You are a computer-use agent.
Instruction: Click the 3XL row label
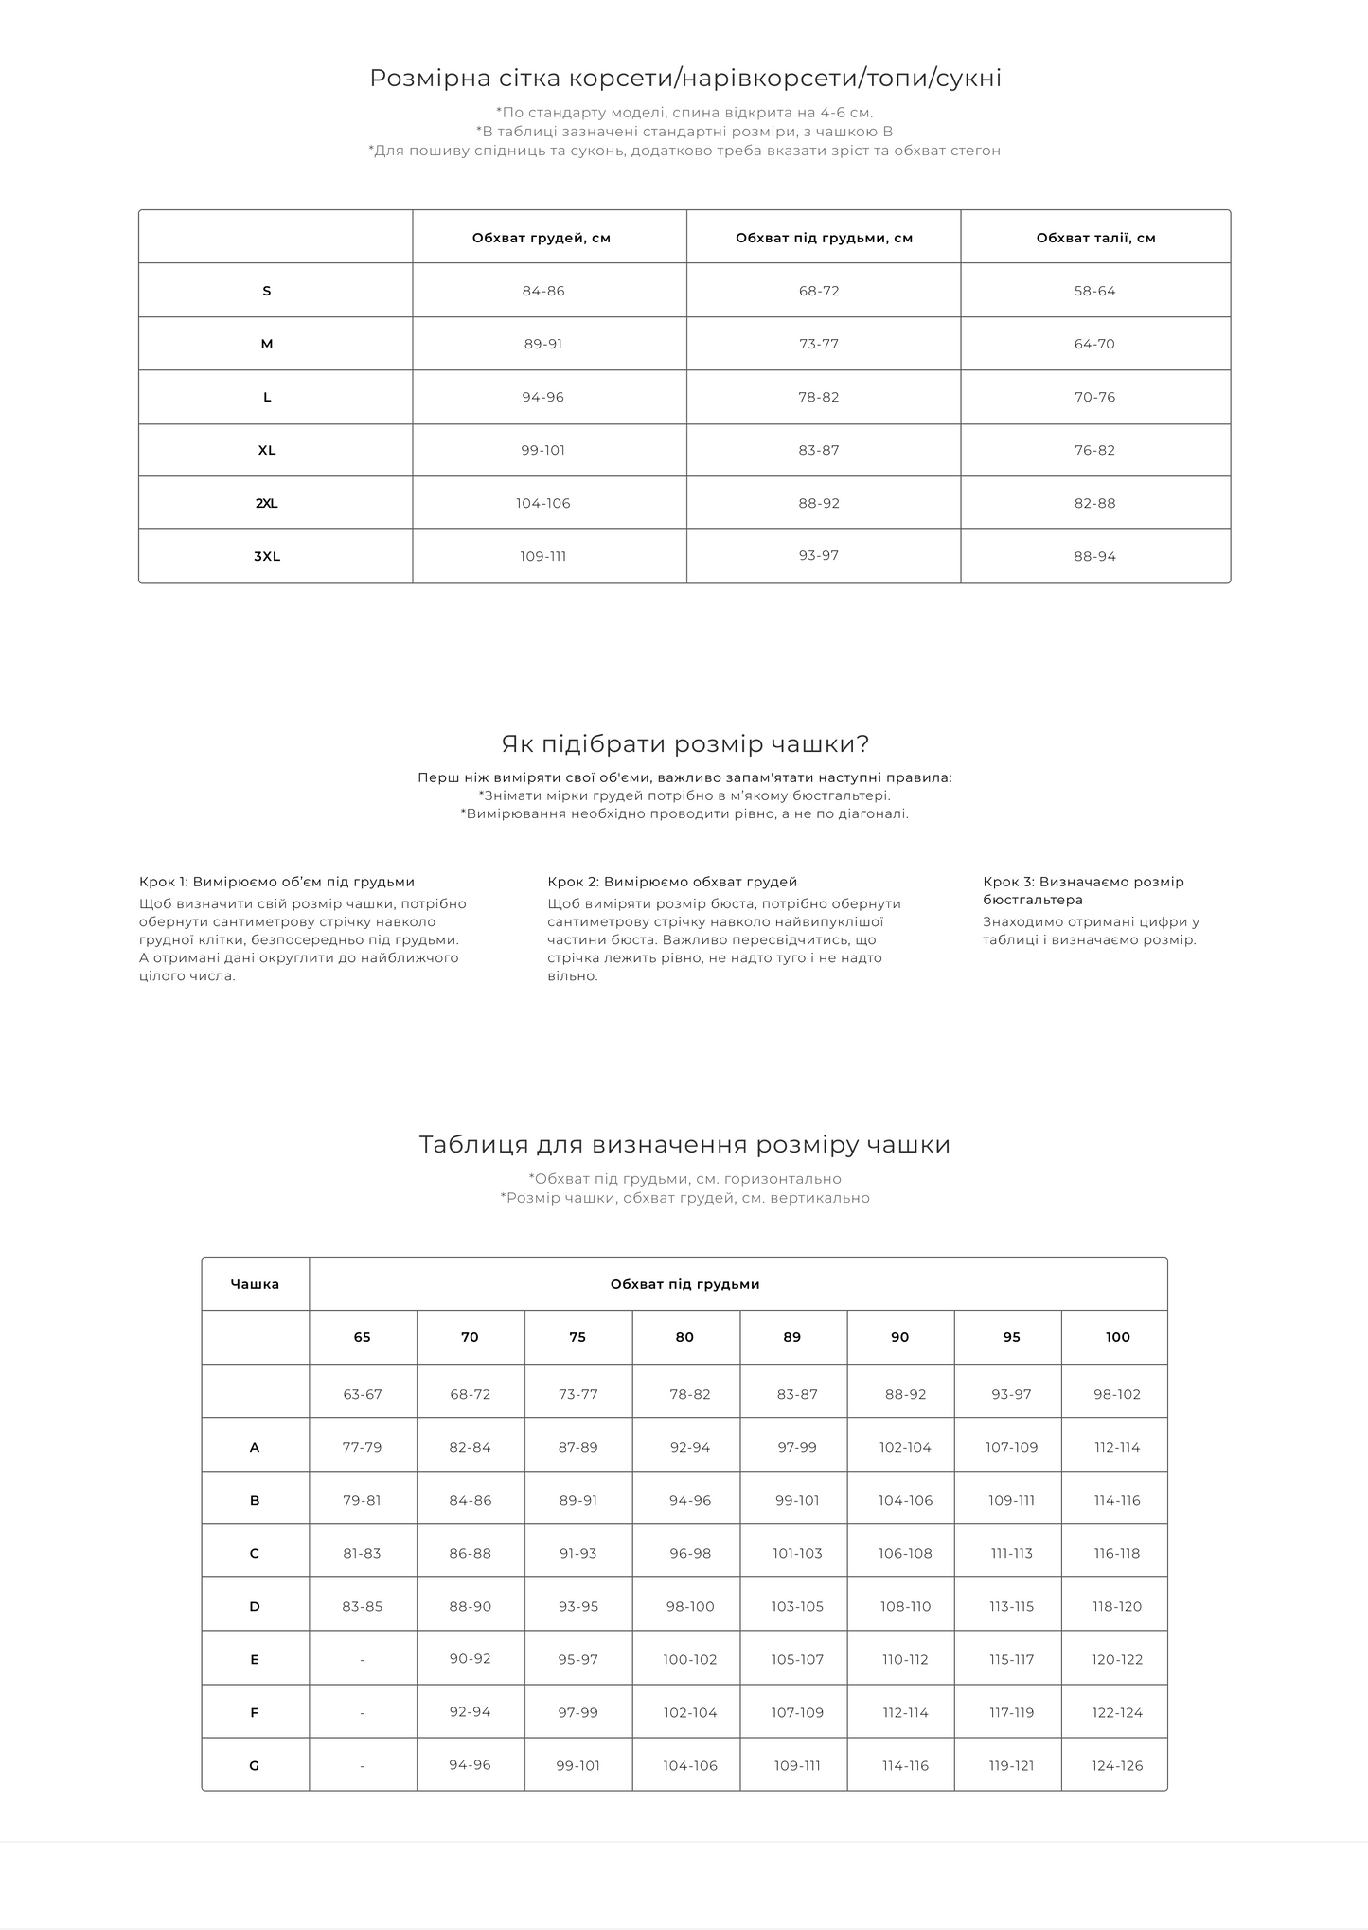coord(267,557)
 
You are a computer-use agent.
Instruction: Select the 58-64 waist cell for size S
coord(1094,292)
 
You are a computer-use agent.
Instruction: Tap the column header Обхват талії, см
coord(1095,239)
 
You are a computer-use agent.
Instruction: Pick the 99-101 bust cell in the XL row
coord(542,451)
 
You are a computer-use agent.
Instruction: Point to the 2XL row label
coord(267,504)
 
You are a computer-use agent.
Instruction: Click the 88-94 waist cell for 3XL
coord(1094,557)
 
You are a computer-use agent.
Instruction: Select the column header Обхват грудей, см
coord(542,239)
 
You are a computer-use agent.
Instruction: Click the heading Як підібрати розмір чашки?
coord(684,744)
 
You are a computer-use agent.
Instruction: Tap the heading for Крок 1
coord(276,883)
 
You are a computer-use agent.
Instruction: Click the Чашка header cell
coord(255,1285)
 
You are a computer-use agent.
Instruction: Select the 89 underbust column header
coord(792,1338)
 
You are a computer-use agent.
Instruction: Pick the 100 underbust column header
coord(1117,1338)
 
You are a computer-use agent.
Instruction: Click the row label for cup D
coord(255,1607)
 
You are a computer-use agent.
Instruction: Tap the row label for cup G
coord(255,1766)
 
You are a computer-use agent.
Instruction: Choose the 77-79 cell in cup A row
coord(362,1448)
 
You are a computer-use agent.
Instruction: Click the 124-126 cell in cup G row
coord(1117,1766)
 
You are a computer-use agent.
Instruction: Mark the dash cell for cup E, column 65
coord(362,1660)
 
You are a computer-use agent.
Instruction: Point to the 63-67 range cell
coord(362,1395)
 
